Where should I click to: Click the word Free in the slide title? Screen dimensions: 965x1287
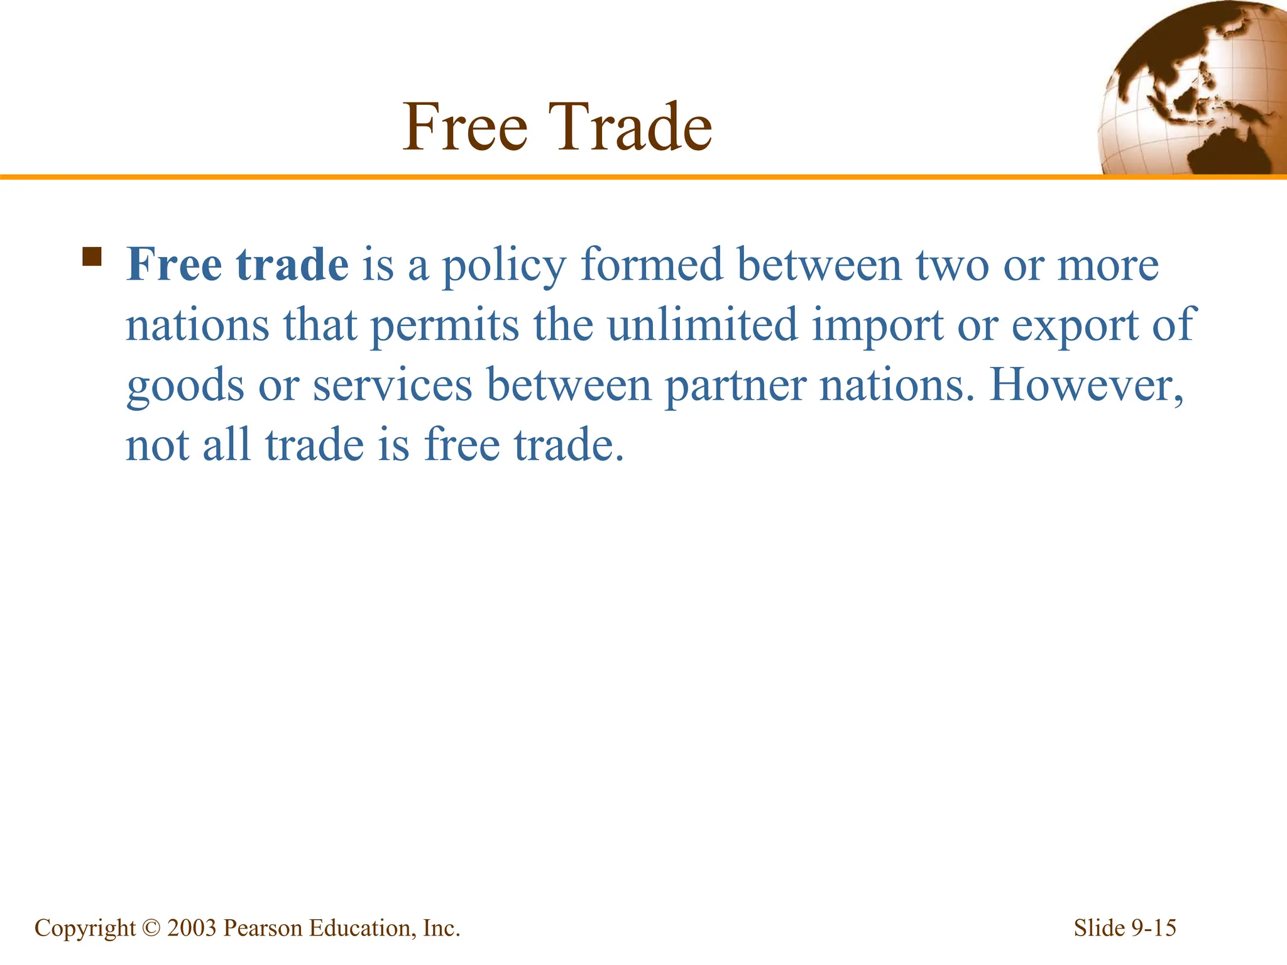(x=465, y=128)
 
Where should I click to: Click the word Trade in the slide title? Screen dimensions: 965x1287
(x=630, y=128)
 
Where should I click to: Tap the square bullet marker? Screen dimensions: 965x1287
(x=92, y=257)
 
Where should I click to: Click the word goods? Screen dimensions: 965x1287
(x=185, y=386)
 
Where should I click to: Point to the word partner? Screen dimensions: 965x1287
(x=735, y=386)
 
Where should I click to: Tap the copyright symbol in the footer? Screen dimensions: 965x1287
(x=151, y=928)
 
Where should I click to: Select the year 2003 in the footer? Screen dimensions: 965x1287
(x=192, y=928)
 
